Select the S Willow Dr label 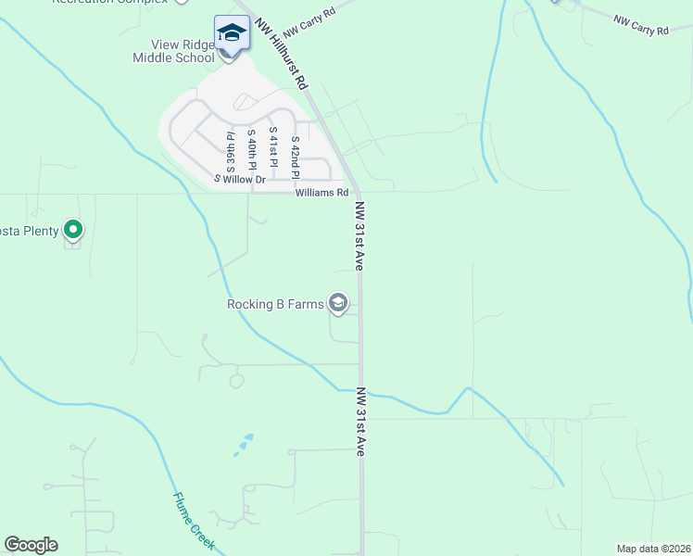click(240, 179)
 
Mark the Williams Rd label click(321, 193)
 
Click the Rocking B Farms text click(275, 303)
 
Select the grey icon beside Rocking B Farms click(338, 303)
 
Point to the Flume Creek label click(194, 521)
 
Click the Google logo click(31, 545)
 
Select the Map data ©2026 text click(653, 549)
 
